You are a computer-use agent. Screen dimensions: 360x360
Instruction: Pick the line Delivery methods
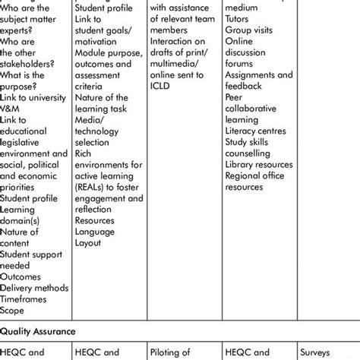click(x=34, y=288)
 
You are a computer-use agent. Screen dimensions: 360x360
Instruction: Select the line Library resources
click(x=258, y=164)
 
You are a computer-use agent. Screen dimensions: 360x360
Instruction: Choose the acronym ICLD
click(x=161, y=87)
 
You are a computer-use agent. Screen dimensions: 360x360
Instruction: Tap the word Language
click(x=95, y=232)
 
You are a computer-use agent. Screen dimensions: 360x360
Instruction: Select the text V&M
click(x=12, y=109)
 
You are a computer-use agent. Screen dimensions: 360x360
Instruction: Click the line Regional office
click(x=255, y=175)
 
